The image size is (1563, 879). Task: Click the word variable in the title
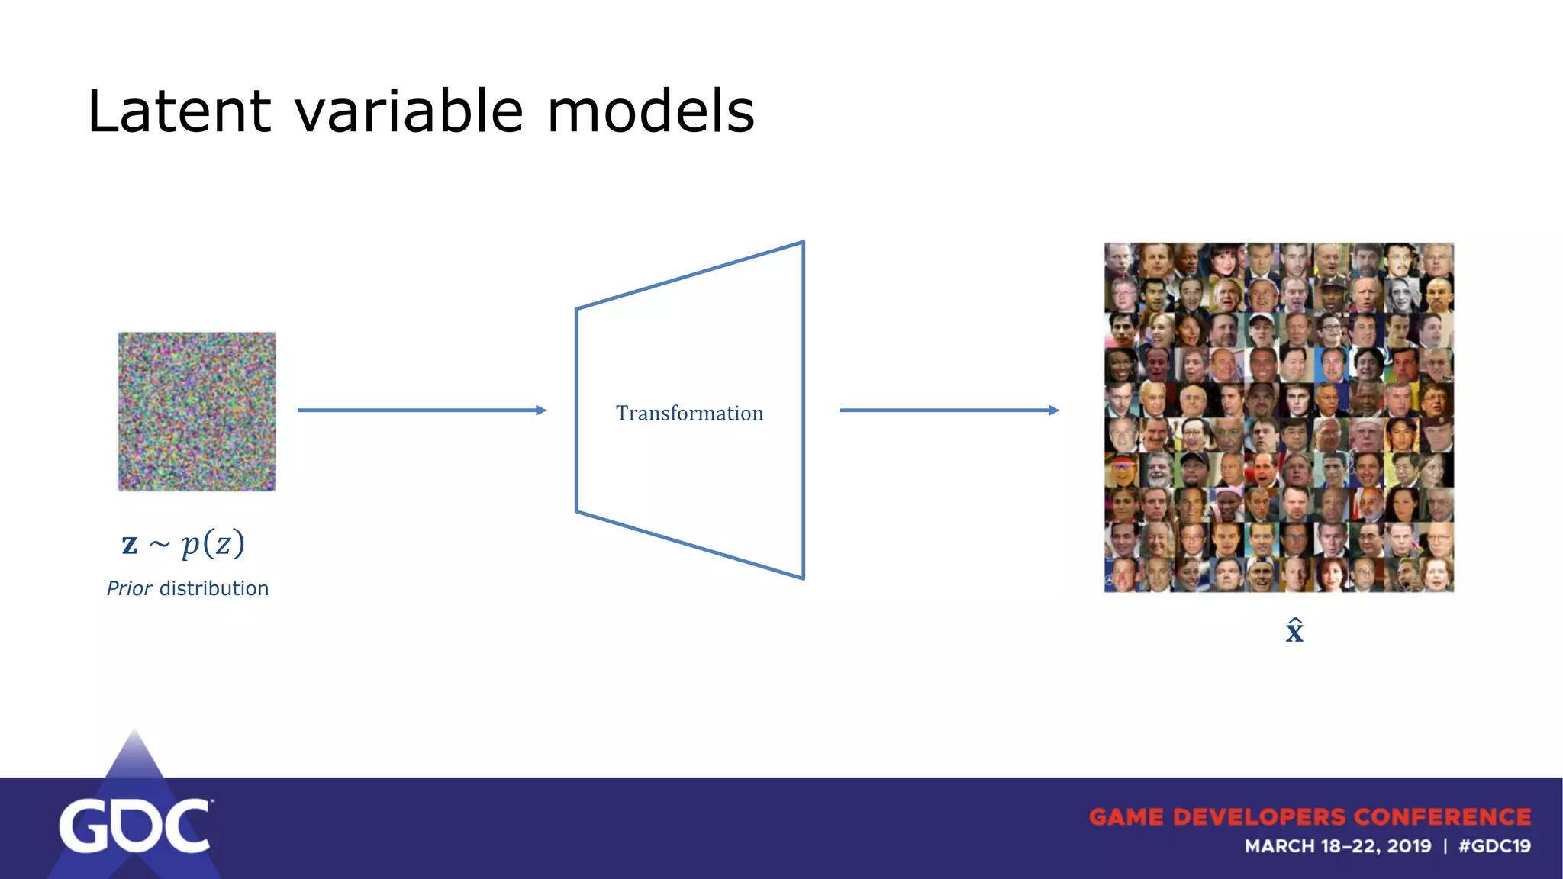tap(408, 111)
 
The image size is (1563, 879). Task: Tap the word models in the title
tap(650, 111)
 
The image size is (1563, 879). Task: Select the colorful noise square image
tap(197, 411)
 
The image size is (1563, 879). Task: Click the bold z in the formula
tap(130, 544)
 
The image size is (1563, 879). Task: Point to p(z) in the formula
tap(213, 544)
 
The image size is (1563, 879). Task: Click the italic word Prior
tap(129, 588)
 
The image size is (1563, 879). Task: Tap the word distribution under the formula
tap(214, 588)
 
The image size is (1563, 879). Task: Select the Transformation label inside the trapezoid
tap(689, 413)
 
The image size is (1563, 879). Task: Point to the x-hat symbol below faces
tap(1294, 631)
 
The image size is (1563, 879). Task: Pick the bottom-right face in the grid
tap(1437, 575)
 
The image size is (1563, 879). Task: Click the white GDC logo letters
tap(134, 826)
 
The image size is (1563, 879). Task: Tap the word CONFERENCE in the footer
tap(1442, 817)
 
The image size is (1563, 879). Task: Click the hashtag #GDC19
tap(1494, 846)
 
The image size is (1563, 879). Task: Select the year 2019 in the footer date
tap(1409, 846)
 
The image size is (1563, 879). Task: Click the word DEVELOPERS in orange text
tap(1259, 817)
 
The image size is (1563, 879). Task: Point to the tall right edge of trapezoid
tap(804, 411)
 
